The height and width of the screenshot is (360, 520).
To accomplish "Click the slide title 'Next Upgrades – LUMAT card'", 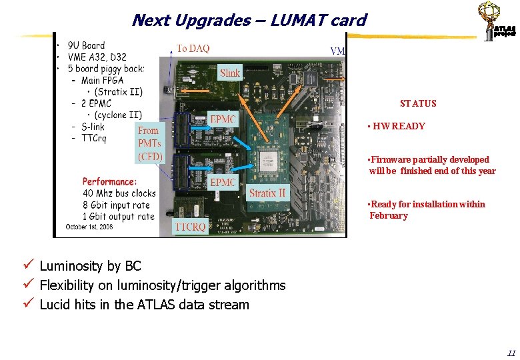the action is (249, 20).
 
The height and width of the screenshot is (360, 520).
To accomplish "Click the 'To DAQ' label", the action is (193, 48).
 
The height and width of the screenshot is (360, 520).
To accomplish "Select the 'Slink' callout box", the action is (230, 73).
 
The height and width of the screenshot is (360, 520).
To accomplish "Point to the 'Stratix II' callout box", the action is (267, 193).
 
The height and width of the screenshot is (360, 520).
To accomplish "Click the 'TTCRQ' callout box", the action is (191, 227).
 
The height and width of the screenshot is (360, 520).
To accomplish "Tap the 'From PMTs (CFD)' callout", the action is (149, 143).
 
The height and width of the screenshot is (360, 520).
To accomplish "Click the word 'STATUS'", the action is (418, 103).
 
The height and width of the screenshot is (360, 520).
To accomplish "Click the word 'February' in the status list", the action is (389, 215).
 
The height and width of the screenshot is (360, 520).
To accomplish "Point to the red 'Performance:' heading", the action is (110, 181).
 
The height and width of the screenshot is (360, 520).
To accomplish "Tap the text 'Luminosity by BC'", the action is (91, 266).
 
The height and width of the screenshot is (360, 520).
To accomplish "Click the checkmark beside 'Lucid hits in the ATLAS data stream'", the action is (27, 305).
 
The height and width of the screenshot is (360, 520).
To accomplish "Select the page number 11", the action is (511, 353).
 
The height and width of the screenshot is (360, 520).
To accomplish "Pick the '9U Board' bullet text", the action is (86, 45).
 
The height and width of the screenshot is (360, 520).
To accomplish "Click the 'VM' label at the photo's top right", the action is (338, 51).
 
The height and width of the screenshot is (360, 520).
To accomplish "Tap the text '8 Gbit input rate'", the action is (118, 205).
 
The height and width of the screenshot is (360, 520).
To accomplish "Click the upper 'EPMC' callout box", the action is (223, 119).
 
